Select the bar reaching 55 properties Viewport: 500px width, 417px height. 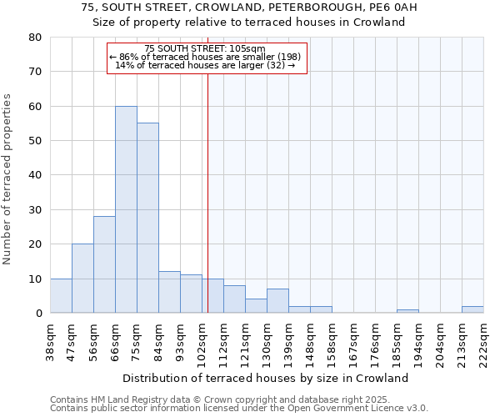pos(147,218)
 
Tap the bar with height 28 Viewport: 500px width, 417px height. pos(104,264)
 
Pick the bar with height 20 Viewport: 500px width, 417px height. pos(82,279)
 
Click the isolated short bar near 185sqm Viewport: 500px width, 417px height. pos(407,311)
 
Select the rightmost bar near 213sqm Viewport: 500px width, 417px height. pos(472,309)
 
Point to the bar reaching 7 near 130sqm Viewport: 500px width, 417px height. pos(277,301)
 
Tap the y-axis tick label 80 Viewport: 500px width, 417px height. pos(34,38)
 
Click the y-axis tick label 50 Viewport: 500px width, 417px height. pos(34,141)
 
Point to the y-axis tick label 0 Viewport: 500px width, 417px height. pos(38,314)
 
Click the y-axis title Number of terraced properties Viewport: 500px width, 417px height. pos(8,179)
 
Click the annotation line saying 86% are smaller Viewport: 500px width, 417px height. pos(207,57)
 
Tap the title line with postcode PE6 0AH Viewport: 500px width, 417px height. pos(249,8)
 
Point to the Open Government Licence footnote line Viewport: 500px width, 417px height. pos(239,409)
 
